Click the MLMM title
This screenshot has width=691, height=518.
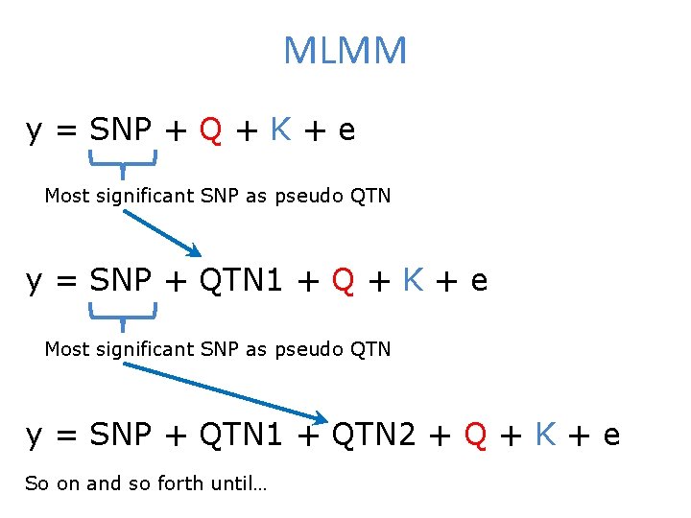tap(345, 51)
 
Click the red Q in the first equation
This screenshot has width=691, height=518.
tap(211, 129)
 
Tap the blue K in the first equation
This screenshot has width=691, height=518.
tap(280, 129)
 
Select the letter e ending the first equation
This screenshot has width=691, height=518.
tap(346, 131)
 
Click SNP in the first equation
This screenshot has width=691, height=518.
tap(121, 129)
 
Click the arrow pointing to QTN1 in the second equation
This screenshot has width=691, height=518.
tap(161, 233)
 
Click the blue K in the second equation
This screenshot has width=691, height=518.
tap(414, 280)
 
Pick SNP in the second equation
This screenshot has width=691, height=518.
tap(121, 280)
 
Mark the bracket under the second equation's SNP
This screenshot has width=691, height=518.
tap(123, 313)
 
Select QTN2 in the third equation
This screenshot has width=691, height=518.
tap(373, 436)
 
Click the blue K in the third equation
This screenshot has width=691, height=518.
tap(546, 436)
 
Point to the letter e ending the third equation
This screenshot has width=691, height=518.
tap(611, 437)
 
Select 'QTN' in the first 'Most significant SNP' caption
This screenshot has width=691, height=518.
tap(371, 196)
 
